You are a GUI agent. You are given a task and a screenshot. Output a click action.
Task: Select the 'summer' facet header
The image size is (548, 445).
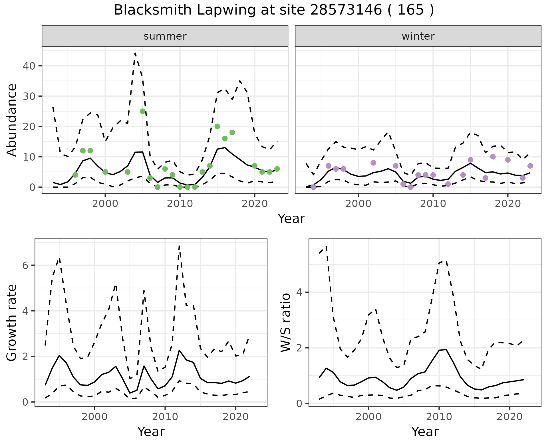pos(165,36)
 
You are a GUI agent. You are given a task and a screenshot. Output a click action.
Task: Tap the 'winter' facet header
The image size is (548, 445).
pos(418,36)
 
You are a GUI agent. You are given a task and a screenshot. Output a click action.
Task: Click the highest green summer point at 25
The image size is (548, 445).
pos(143,111)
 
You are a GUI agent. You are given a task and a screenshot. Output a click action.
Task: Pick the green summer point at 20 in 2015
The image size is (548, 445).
pos(217,126)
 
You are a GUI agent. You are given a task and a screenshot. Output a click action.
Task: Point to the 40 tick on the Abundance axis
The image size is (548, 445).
pos(28,66)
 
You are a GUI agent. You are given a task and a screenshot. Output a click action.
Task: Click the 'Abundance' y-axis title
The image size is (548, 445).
pos(12,120)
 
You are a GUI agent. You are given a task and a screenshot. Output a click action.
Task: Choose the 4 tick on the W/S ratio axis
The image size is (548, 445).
pos(299,292)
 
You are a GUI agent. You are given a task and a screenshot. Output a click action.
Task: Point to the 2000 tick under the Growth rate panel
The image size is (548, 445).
pos(94,417)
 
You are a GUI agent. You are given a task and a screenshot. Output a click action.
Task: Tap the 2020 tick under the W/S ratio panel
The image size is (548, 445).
pos(509,417)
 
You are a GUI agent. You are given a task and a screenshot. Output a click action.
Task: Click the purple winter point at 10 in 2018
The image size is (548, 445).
pos(493,157)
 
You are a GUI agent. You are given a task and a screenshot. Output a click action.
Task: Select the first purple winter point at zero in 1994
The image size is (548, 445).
pos(313,187)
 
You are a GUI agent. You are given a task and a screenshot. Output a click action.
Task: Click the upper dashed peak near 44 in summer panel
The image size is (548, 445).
pos(135,53)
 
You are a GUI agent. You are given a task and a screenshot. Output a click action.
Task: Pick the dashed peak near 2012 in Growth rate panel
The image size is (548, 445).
pos(179,246)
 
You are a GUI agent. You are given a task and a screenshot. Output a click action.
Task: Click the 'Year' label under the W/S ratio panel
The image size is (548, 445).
pos(425,432)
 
